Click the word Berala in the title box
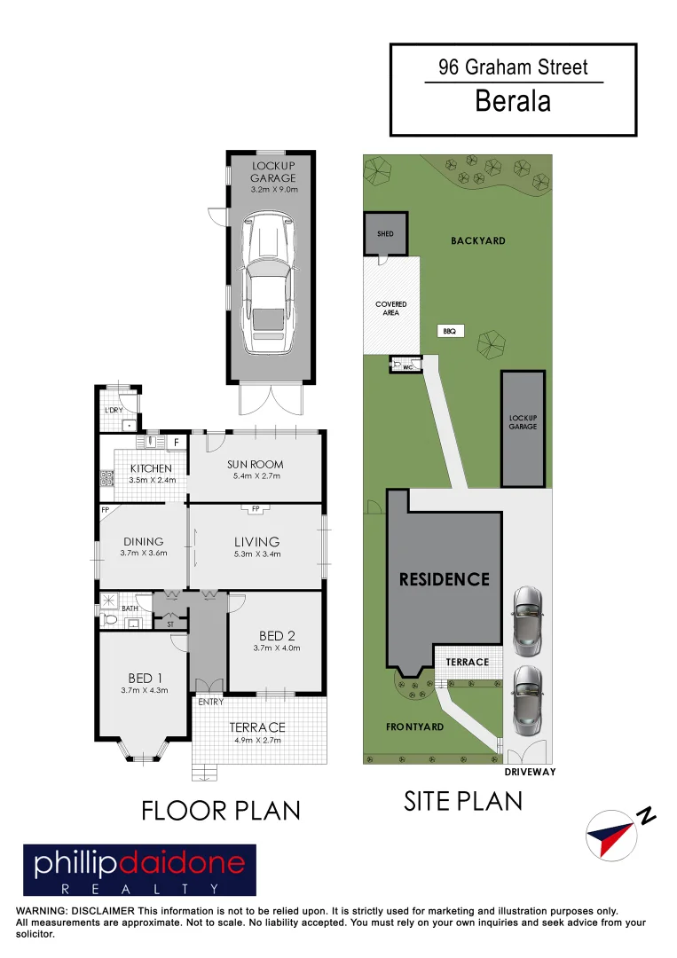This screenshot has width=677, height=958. (x=513, y=101)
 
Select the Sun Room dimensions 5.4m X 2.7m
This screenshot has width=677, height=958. (x=256, y=476)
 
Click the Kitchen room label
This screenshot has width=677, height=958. (x=151, y=468)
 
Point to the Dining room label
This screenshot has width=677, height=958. (x=144, y=541)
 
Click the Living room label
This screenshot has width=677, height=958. (x=256, y=541)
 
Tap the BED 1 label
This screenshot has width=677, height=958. (x=143, y=677)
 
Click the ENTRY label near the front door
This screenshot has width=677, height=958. (x=210, y=702)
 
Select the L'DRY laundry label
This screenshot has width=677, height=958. (x=114, y=410)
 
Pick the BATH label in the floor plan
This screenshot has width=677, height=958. (x=130, y=609)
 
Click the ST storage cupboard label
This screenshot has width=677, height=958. (x=170, y=624)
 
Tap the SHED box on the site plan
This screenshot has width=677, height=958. (x=385, y=234)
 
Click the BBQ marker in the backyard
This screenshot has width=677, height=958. (x=449, y=331)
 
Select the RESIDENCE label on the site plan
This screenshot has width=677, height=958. (x=444, y=579)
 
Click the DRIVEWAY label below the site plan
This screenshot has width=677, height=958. (x=529, y=772)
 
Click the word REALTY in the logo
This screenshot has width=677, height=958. (x=138, y=888)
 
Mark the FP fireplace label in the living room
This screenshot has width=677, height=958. (x=256, y=508)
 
